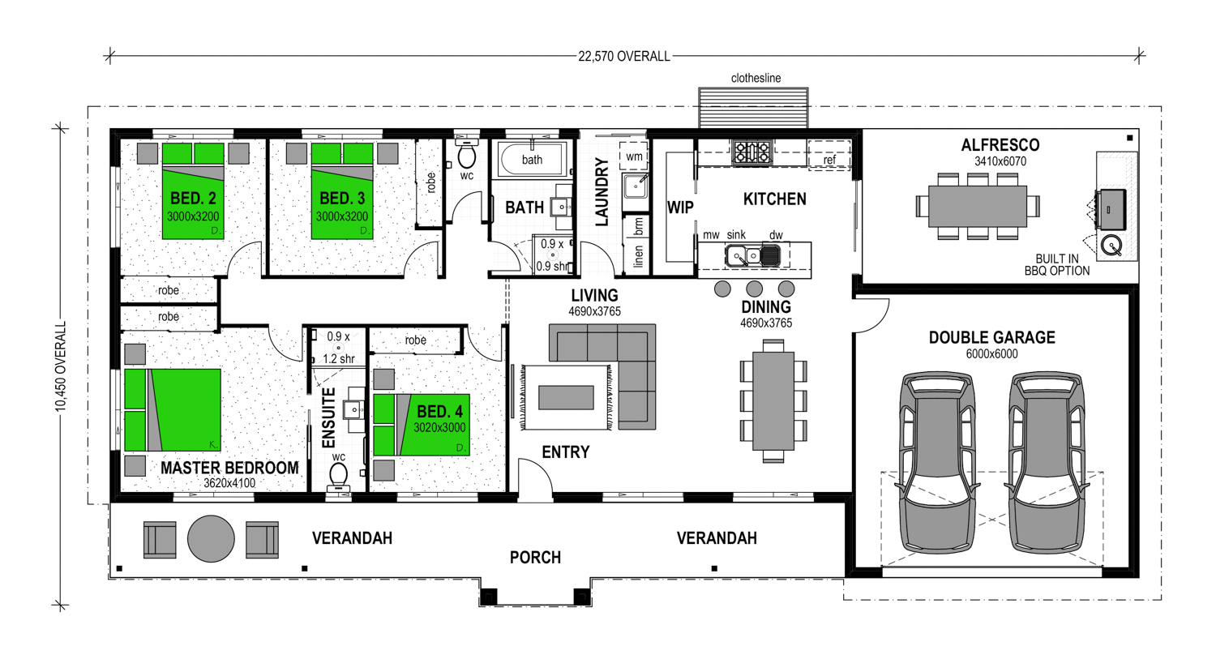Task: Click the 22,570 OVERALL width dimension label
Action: pyautogui.click(x=623, y=57)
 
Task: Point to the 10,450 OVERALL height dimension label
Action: pyautogui.click(x=60, y=366)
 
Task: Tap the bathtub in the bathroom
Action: pyautogui.click(x=533, y=159)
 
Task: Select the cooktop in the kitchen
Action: pyautogui.click(x=751, y=152)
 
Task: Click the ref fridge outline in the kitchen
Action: pyautogui.click(x=829, y=156)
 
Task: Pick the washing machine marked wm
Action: pyautogui.click(x=633, y=156)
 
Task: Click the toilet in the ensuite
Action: pyautogui.click(x=339, y=476)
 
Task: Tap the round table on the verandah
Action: pyautogui.click(x=211, y=538)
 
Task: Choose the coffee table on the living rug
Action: pyautogui.click(x=566, y=397)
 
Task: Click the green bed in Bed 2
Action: pyautogui.click(x=193, y=191)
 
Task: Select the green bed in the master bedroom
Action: pyautogui.click(x=173, y=410)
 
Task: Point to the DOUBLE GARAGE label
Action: pyautogui.click(x=991, y=338)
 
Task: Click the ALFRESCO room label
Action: pyautogui.click(x=1000, y=145)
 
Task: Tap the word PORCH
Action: pyautogui.click(x=535, y=558)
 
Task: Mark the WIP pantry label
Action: pyautogui.click(x=680, y=208)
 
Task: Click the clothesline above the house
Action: pyautogui.click(x=753, y=108)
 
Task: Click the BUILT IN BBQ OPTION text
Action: pyautogui.click(x=1057, y=265)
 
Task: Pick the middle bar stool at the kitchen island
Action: pyautogui.click(x=754, y=289)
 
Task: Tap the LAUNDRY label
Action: pyautogui.click(x=602, y=191)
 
